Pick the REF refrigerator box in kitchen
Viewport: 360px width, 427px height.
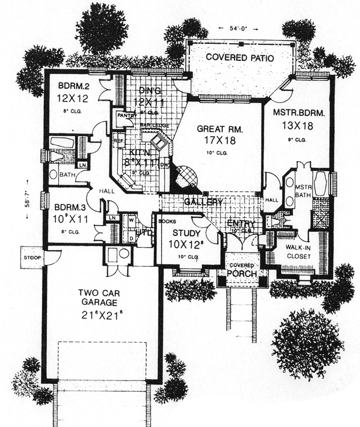tap(118, 140)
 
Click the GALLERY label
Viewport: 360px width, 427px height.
tap(204, 202)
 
